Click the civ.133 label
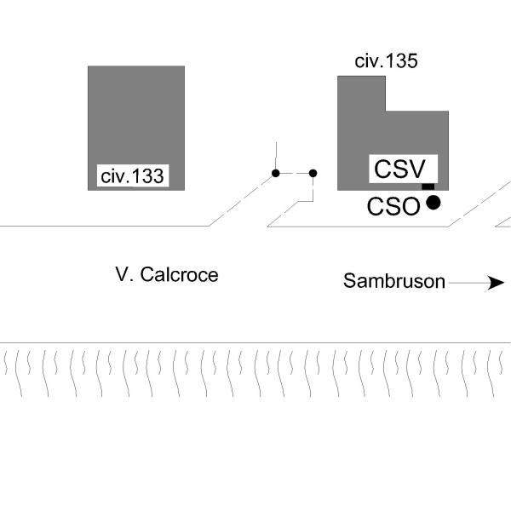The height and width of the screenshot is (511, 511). coord(132,176)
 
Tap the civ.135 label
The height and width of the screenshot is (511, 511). coord(386,61)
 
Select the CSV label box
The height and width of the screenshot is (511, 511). coord(403,169)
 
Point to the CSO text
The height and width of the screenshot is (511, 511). coord(393,206)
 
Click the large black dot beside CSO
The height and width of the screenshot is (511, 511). coord(433,203)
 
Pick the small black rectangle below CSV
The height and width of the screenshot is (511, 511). coord(428,187)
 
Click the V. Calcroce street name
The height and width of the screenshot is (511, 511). coord(167,275)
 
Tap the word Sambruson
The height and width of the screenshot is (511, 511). coord(394,281)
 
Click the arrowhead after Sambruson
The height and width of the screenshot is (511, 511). coord(496,283)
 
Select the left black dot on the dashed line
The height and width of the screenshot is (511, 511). coord(276,174)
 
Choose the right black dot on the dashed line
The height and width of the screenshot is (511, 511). coord(313,174)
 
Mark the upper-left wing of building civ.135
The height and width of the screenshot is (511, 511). coord(361,94)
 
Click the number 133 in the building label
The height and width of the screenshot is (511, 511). coord(147,176)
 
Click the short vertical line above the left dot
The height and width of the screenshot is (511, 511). coord(276,156)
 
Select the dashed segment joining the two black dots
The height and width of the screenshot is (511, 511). coord(295,174)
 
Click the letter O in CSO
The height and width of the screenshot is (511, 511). coord(410,206)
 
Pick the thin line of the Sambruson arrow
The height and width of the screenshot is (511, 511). coord(468,283)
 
